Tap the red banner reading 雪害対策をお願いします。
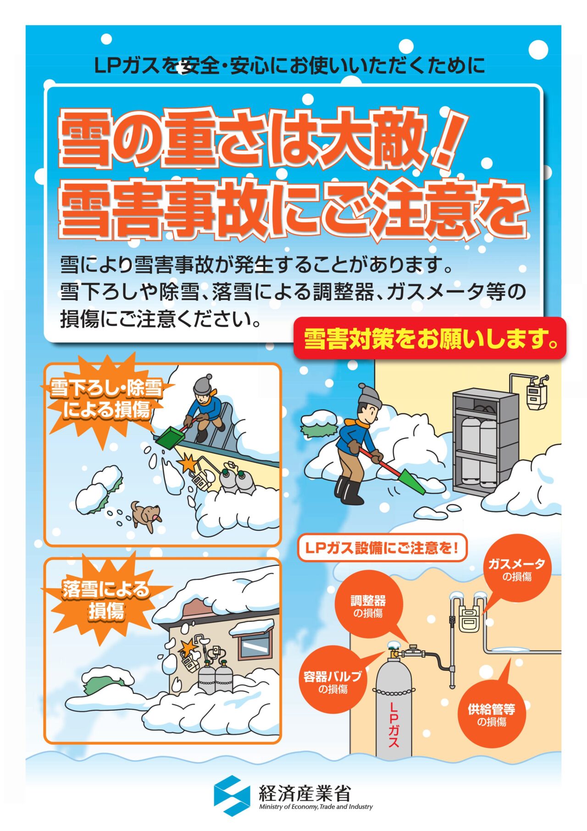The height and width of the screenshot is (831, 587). click(430, 338)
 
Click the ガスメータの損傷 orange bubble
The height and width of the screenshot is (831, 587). click(517, 569)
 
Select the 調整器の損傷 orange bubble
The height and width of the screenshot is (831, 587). click(368, 605)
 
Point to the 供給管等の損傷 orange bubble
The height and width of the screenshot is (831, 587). click(491, 714)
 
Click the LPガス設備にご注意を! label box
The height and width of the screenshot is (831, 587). click(382, 548)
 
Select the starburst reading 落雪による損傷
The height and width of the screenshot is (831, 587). click(106, 599)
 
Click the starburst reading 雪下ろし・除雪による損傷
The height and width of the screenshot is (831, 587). click(106, 399)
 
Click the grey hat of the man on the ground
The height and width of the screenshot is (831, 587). click(369, 395)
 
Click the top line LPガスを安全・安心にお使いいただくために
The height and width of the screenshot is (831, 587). click(289, 66)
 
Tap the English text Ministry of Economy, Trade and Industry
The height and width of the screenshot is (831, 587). click(316, 807)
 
